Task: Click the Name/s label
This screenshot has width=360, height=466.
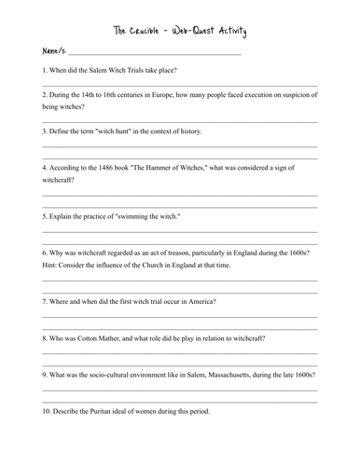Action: click(x=54, y=52)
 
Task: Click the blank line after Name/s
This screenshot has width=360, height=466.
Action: click(x=154, y=54)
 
